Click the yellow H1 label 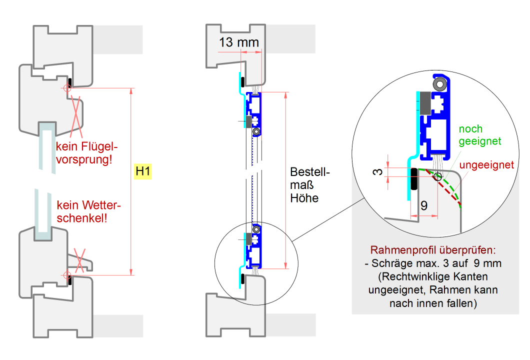(x=143, y=171)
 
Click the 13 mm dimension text (x=239, y=42)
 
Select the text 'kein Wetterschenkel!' (x=89, y=211)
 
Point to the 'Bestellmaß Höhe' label (x=310, y=184)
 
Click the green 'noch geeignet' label (x=479, y=135)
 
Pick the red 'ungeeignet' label (x=487, y=165)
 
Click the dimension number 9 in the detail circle (x=424, y=205)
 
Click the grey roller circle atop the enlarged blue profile (x=440, y=84)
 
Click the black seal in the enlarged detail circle (x=414, y=179)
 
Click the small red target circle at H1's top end (x=66, y=88)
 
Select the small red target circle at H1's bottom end (x=66, y=274)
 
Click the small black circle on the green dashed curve (x=438, y=176)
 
